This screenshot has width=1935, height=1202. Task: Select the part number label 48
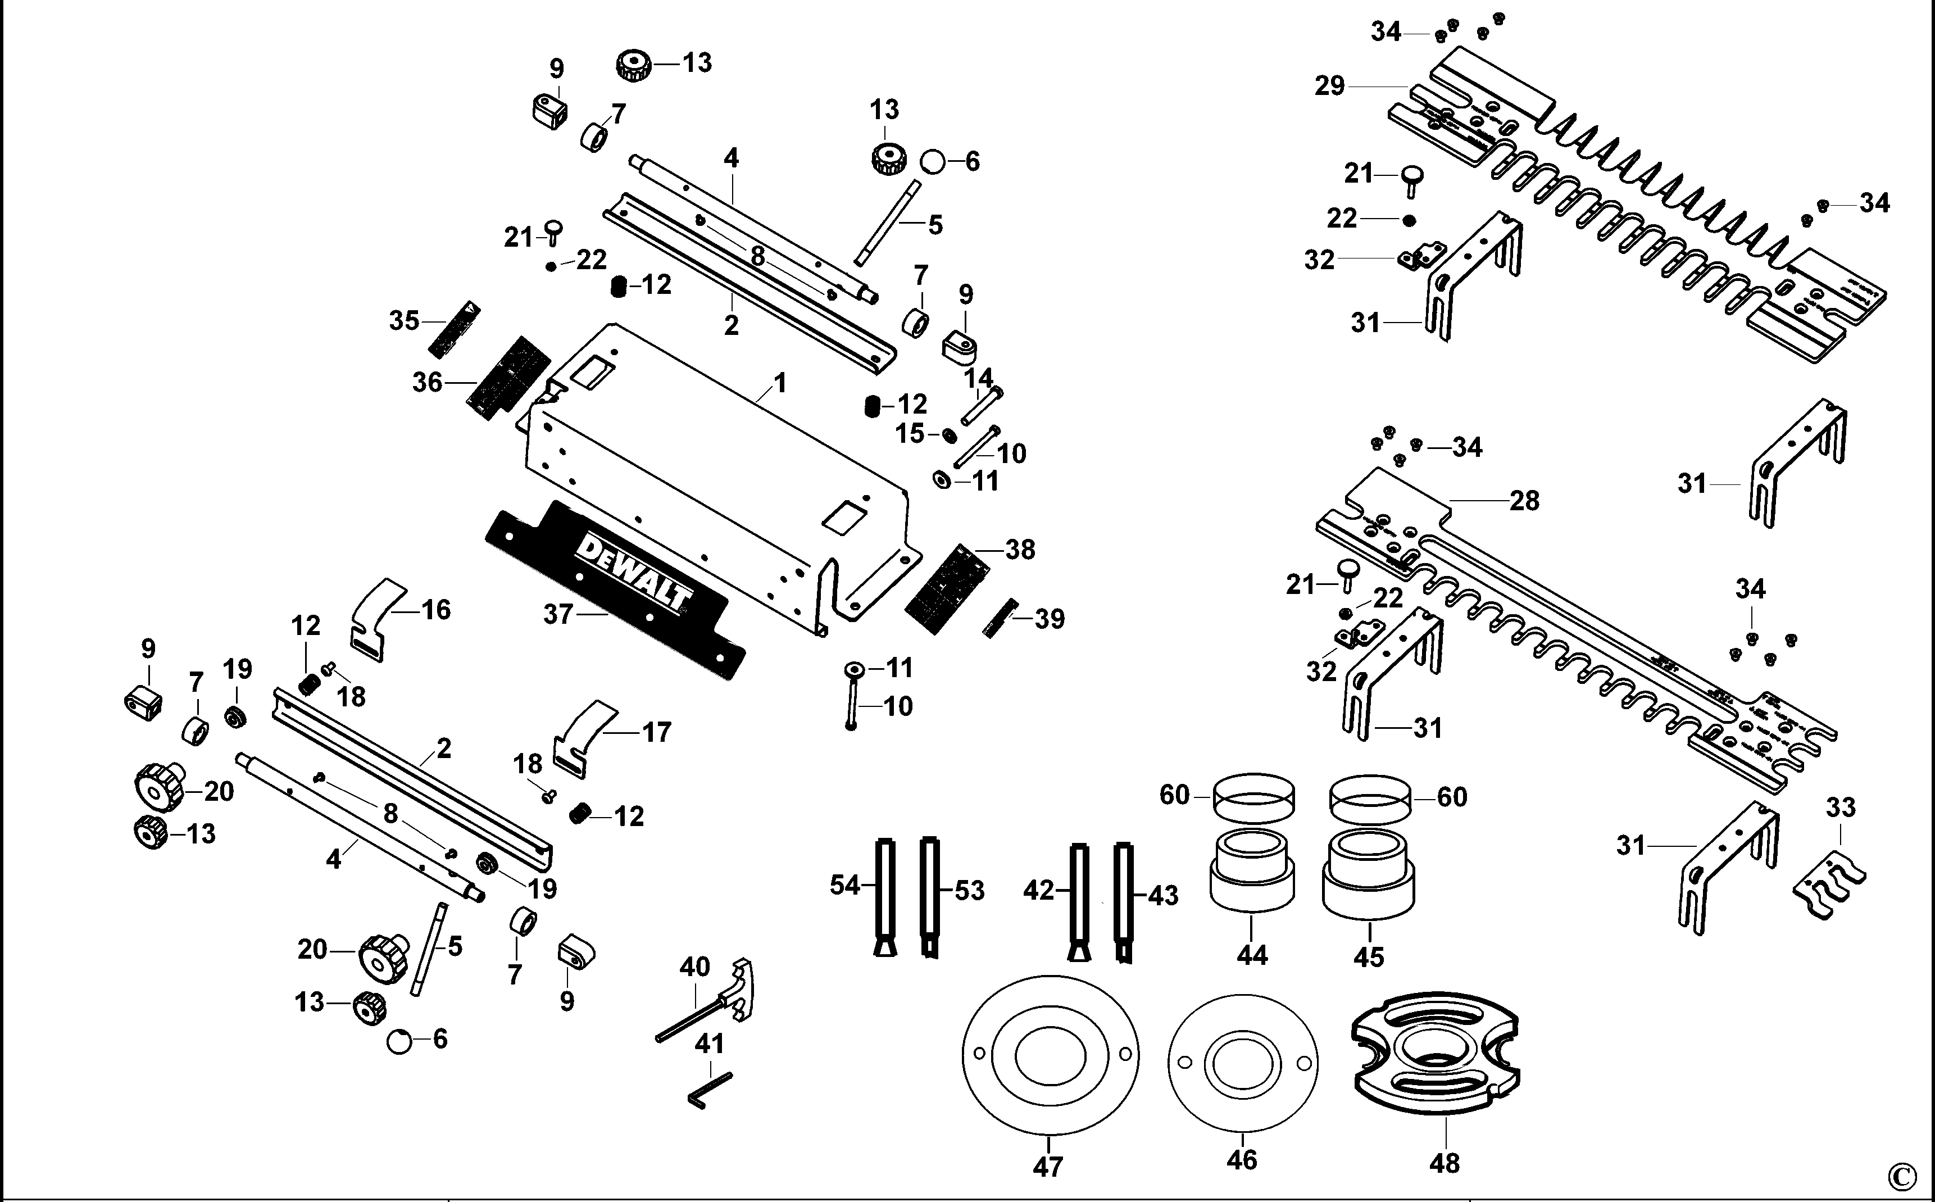click(1444, 1164)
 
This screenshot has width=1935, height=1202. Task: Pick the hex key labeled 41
click(709, 1089)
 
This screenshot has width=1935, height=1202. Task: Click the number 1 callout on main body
click(780, 383)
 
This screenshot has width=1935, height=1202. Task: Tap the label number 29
click(1329, 86)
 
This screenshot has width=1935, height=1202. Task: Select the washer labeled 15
click(948, 435)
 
